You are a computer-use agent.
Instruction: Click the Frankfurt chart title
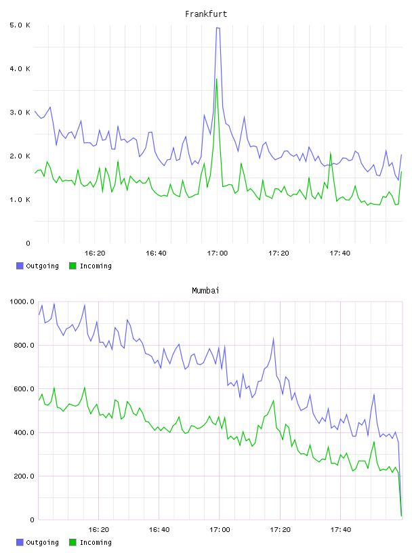point(206,14)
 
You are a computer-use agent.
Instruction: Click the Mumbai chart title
point(205,291)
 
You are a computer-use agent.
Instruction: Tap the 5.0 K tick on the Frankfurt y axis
point(20,25)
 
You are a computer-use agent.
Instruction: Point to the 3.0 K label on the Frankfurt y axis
point(20,112)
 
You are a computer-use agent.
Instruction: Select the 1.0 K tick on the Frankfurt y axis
point(20,200)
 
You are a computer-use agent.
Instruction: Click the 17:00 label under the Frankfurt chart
point(218,253)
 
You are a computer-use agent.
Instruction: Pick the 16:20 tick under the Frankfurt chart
point(95,253)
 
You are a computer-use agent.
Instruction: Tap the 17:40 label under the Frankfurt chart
point(340,253)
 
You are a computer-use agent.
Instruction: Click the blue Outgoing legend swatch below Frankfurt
point(20,266)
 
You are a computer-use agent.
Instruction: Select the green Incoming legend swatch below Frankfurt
point(73,266)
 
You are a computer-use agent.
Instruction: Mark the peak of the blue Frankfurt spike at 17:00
point(218,28)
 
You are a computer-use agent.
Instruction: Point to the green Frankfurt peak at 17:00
point(217,79)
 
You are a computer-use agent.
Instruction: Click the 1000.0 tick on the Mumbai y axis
point(22,302)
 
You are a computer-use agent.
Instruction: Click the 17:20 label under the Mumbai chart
point(280,530)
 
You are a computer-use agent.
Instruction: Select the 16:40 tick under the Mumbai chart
point(159,530)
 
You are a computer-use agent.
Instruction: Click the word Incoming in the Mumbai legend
point(96,542)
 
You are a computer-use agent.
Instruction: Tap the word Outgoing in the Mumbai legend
point(42,542)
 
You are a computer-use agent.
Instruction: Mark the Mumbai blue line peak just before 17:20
point(273,339)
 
